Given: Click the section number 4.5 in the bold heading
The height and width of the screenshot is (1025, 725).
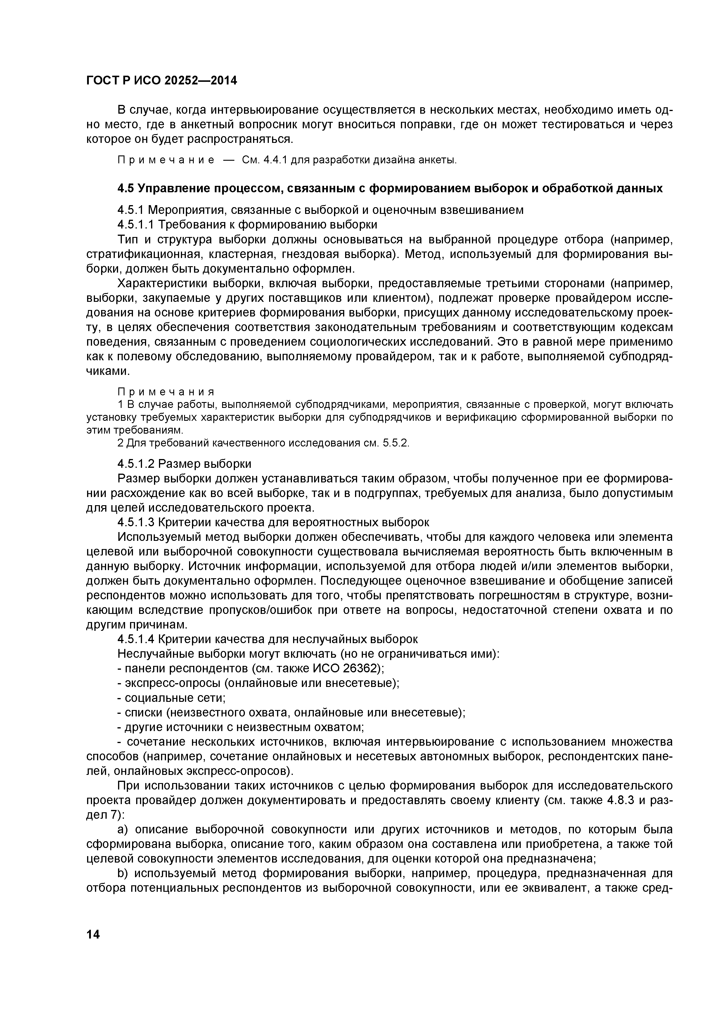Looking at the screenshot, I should [125, 188].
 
